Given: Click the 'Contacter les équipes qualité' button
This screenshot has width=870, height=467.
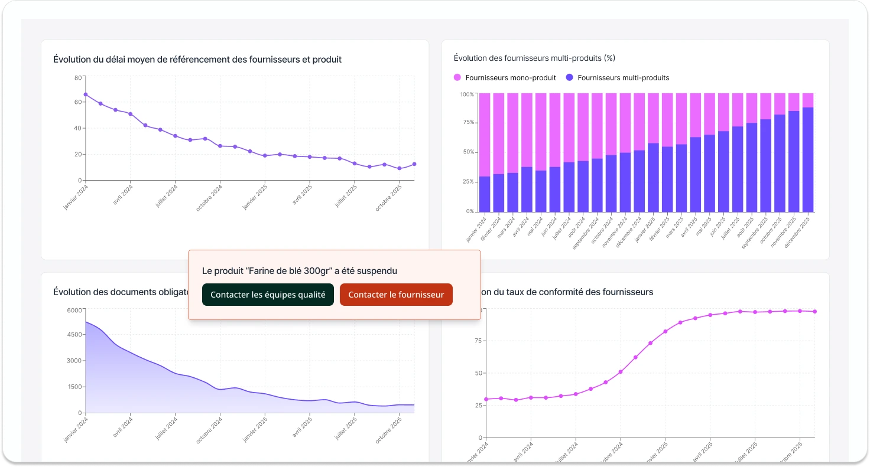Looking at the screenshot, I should pos(268,295).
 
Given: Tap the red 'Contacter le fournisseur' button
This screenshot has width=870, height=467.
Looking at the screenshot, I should pos(396,295).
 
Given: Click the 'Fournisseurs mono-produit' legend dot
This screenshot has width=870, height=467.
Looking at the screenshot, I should pos(457,77).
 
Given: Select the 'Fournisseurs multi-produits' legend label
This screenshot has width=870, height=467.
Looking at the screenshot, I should pos(623,77).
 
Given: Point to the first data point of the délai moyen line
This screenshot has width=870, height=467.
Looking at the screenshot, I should pos(86,94).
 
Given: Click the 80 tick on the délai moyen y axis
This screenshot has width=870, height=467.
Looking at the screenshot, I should pos(78,77).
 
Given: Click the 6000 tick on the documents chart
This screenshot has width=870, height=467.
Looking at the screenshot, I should pos(74,310).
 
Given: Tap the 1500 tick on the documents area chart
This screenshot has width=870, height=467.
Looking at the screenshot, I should pos(74,387).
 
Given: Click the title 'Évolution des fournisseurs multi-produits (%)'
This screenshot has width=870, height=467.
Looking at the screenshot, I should pos(534,58).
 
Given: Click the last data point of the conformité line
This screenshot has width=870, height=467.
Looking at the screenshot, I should pos(814,311).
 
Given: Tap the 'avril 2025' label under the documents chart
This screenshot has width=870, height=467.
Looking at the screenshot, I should pos(303,427).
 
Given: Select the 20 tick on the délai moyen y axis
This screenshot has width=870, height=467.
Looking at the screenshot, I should pos(78,155).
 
